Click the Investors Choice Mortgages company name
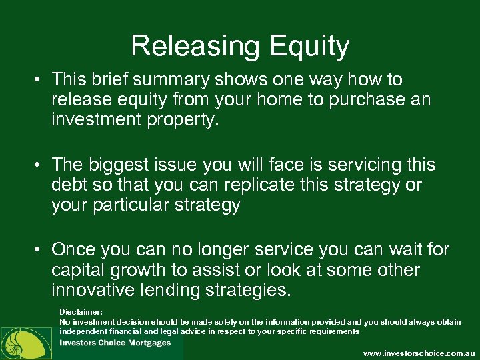[x=115, y=343]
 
